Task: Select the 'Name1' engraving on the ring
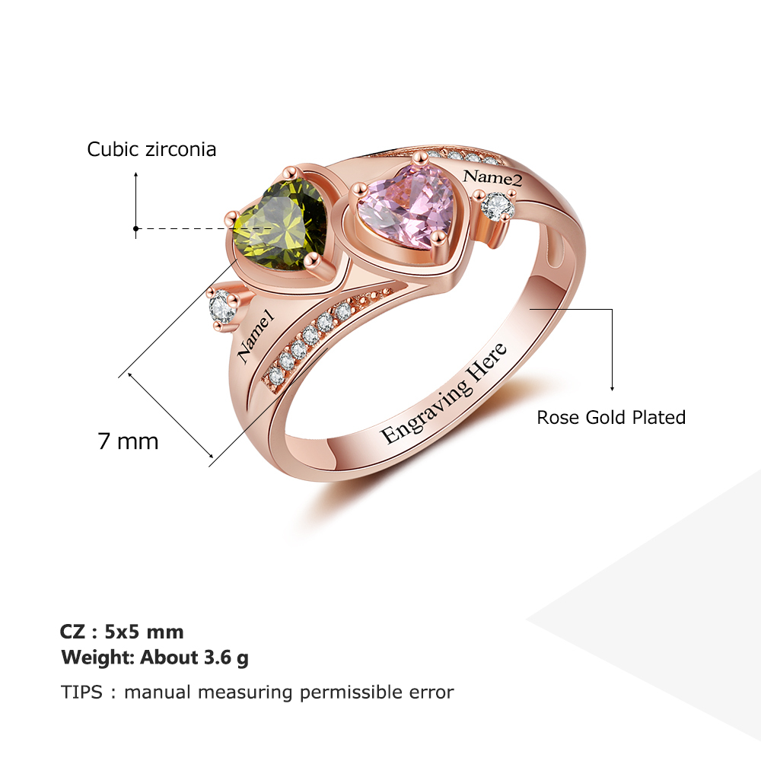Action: coord(256,339)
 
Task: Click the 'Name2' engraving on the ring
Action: coord(492,177)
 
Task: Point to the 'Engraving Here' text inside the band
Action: coord(444,393)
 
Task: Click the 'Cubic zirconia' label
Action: coord(151,149)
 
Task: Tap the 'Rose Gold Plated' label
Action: coord(611,417)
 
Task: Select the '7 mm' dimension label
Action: coord(128,441)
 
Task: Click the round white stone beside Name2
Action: coord(496,206)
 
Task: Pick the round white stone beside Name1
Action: coord(222,306)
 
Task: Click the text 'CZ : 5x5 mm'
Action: coord(122,632)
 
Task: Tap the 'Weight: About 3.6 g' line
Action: coord(154,658)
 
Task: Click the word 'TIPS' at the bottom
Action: coord(81,692)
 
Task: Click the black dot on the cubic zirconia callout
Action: coord(136,228)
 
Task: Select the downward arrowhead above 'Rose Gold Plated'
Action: coord(612,388)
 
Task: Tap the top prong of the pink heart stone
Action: coord(420,158)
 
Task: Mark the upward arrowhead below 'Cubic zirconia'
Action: coord(136,174)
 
